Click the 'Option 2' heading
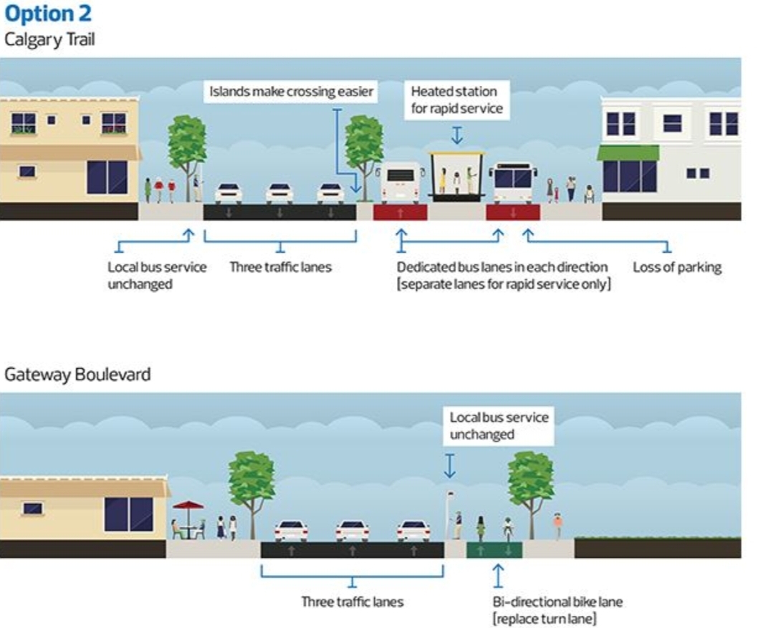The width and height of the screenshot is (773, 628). click(48, 14)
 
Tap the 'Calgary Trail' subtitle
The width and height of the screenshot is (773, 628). click(49, 39)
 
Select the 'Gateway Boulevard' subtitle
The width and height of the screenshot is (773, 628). click(77, 374)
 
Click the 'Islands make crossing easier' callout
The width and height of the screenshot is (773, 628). click(291, 92)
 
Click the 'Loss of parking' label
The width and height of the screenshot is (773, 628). click(676, 267)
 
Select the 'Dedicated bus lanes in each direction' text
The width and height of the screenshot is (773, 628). click(502, 267)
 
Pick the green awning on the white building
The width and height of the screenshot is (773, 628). click(628, 153)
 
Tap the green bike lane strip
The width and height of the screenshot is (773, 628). click(494, 550)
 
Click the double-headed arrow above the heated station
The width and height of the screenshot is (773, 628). click(457, 134)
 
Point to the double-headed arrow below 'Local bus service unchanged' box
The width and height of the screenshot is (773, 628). click(449, 465)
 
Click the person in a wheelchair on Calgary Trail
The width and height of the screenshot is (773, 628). click(590, 193)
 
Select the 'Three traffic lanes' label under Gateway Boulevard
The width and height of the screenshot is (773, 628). click(352, 602)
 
